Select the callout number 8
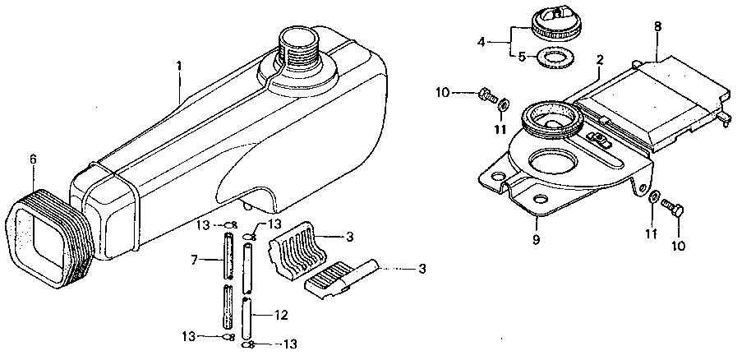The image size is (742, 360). tap(657, 26)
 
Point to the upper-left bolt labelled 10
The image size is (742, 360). tap(486, 95)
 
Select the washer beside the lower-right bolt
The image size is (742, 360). tap(652, 198)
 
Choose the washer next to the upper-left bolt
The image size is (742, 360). tap(505, 106)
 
